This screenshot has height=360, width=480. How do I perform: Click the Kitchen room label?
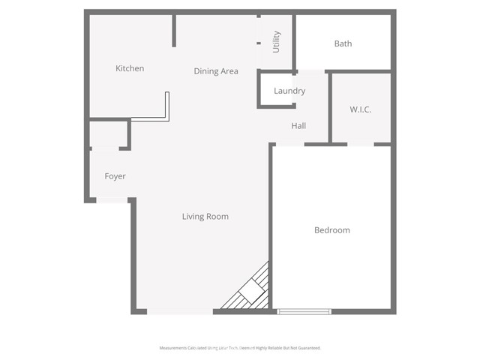click(x=130, y=69)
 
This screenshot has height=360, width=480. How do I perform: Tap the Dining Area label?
click(x=216, y=71)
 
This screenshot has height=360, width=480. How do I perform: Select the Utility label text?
click(x=277, y=41)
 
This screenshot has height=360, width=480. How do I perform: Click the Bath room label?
click(x=343, y=43)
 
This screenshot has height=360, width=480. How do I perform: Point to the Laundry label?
click(x=289, y=91)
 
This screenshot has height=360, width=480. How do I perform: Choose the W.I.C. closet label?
click(x=361, y=109)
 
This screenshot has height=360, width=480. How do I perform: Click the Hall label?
click(x=298, y=126)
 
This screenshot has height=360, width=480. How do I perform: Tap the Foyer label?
click(x=115, y=177)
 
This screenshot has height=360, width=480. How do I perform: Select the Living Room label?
click(x=205, y=217)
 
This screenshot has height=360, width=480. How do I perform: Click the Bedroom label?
click(x=331, y=230)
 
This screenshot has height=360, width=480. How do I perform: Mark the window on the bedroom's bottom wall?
click(x=304, y=311)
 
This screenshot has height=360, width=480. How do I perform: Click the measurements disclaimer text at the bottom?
click(x=240, y=348)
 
